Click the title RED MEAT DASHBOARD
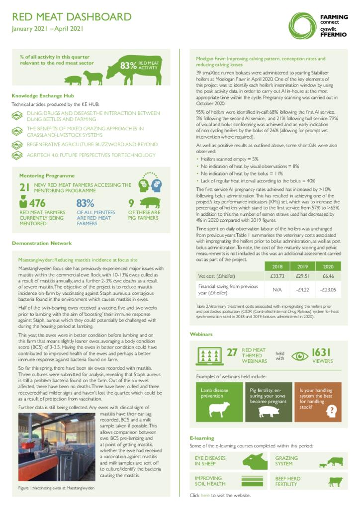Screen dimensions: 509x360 click(x=72, y=17)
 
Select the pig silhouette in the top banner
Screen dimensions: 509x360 click(x=73, y=80)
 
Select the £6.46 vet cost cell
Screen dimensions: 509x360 click(x=328, y=275)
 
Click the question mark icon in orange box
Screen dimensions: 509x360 click(x=332, y=411)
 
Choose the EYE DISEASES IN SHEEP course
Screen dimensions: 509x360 click(x=210, y=461)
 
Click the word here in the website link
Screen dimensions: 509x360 click(x=205, y=496)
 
